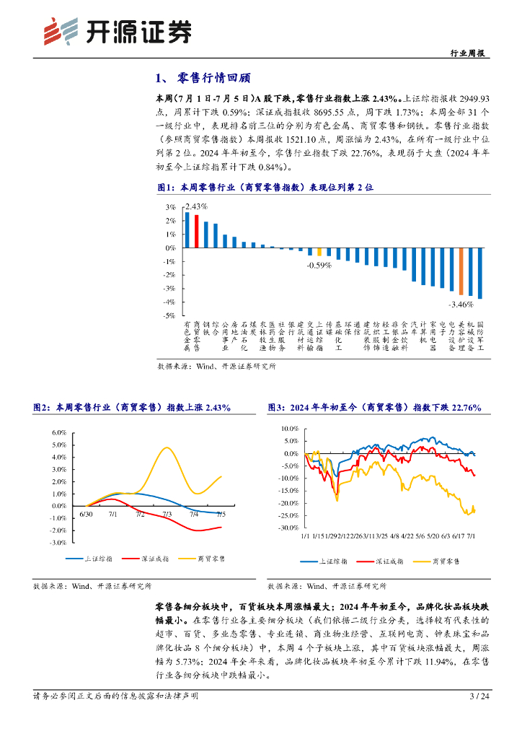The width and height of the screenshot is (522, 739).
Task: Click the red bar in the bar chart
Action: [196, 232]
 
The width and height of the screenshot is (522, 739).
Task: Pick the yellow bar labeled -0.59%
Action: [319, 252]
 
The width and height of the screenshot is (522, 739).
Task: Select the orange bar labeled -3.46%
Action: [461, 271]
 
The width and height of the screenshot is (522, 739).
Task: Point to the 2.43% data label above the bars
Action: [196, 206]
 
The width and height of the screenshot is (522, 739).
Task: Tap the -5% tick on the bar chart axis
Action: [170, 316]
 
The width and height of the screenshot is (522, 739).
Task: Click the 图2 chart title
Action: [132, 408]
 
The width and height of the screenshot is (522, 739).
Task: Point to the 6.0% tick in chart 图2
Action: [58, 432]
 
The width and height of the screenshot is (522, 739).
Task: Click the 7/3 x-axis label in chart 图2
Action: [167, 514]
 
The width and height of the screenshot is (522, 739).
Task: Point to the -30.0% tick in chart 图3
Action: [288, 528]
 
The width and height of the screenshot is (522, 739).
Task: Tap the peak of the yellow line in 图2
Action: [167, 447]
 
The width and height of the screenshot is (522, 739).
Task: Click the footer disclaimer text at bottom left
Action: [116, 696]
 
